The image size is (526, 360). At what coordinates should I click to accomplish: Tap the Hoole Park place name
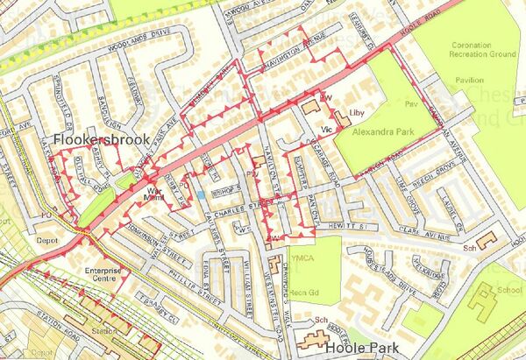363,348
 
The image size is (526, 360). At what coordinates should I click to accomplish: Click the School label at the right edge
508,288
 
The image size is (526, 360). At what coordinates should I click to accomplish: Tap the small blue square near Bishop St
200,194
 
